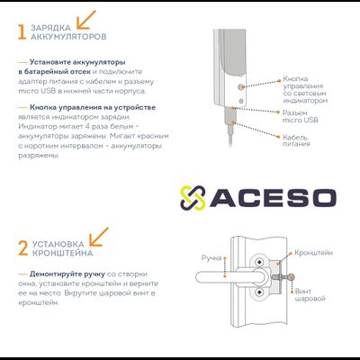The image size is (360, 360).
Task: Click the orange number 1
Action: click(x=22, y=32)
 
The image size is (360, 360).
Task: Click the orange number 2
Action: click(x=23, y=248)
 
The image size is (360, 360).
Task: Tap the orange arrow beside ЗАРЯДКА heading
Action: click(x=86, y=20)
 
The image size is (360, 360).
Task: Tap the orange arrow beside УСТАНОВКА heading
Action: click(x=99, y=237)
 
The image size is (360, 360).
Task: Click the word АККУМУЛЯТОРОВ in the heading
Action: click(x=68, y=37)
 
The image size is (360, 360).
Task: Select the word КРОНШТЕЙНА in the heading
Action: click(x=62, y=253)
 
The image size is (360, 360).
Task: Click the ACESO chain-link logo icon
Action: click(x=193, y=198)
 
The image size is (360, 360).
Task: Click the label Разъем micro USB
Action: click(x=300, y=116)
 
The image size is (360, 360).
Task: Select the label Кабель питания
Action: click(x=296, y=140)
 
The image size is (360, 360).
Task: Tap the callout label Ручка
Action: click(x=211, y=257)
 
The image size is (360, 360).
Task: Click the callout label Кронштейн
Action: click(x=313, y=253)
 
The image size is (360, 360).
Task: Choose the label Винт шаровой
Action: click(x=310, y=294)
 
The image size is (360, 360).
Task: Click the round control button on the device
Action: click(x=240, y=87)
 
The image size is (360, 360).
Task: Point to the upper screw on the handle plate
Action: click(x=258, y=263)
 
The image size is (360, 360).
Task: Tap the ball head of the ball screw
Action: click(x=291, y=277)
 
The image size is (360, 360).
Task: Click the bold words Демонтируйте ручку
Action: click(x=67, y=274)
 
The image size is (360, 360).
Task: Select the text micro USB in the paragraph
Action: click(x=37, y=91)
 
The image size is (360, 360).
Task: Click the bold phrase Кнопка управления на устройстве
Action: click(x=93, y=107)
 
